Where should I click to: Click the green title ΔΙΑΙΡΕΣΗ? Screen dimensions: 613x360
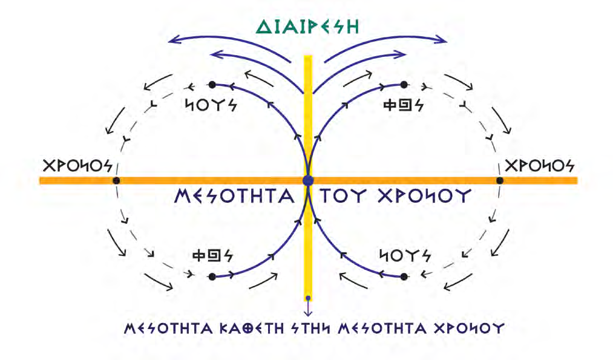[307, 26]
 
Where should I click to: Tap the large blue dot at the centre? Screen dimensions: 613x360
[307, 180]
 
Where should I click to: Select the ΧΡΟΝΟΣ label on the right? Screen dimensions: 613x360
[540, 165]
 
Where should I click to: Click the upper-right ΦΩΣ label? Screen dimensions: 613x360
[403, 104]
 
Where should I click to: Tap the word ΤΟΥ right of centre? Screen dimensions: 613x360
[343, 197]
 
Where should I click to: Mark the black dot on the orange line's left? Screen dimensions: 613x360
[116, 180]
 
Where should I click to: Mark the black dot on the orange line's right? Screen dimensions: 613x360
[499, 180]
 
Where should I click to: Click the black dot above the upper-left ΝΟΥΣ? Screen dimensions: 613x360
[212, 85]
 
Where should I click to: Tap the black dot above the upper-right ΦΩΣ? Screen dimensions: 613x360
[404, 85]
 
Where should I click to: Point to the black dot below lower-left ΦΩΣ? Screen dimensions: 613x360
[212, 277]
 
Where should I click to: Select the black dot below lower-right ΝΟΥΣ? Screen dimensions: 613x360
[404, 277]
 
